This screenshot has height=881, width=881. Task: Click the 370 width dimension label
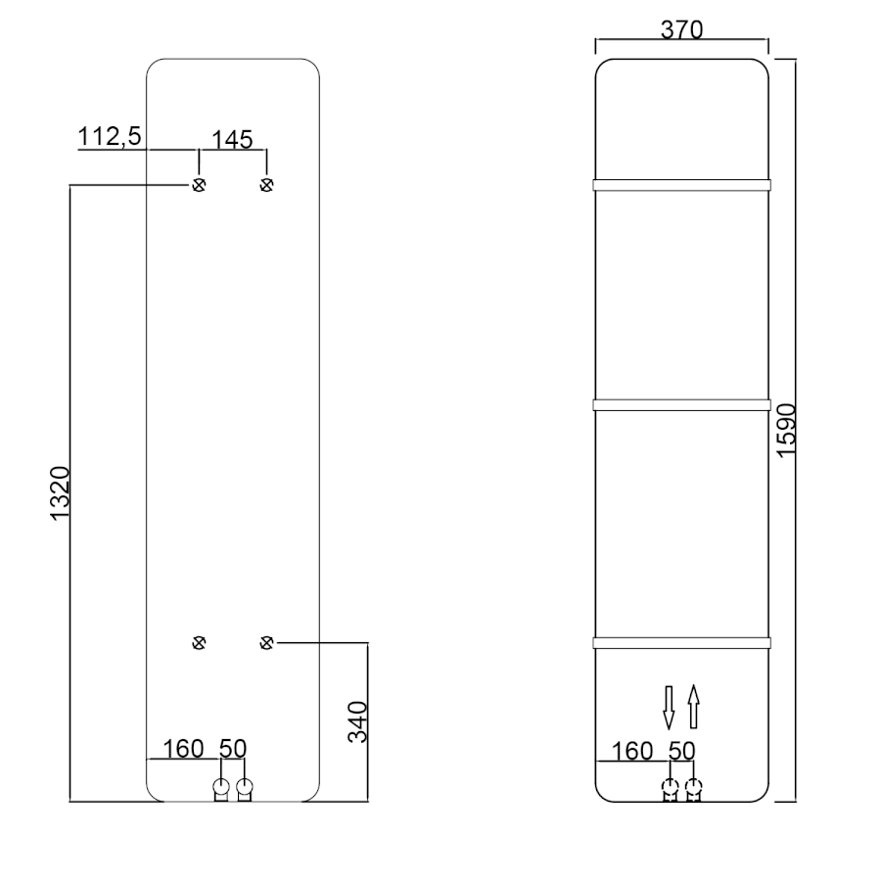681,29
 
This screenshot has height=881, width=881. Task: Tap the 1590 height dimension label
787,431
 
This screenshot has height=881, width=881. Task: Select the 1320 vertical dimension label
60,493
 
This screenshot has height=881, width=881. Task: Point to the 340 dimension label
357,722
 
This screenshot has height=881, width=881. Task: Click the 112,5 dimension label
109,136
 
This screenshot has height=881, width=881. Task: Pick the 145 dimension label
232,140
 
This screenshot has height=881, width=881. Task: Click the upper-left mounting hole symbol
199,185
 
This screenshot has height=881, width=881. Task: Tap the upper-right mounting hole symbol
267,185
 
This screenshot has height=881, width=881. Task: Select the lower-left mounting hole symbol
199,643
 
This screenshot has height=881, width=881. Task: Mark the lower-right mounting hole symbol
267,643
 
